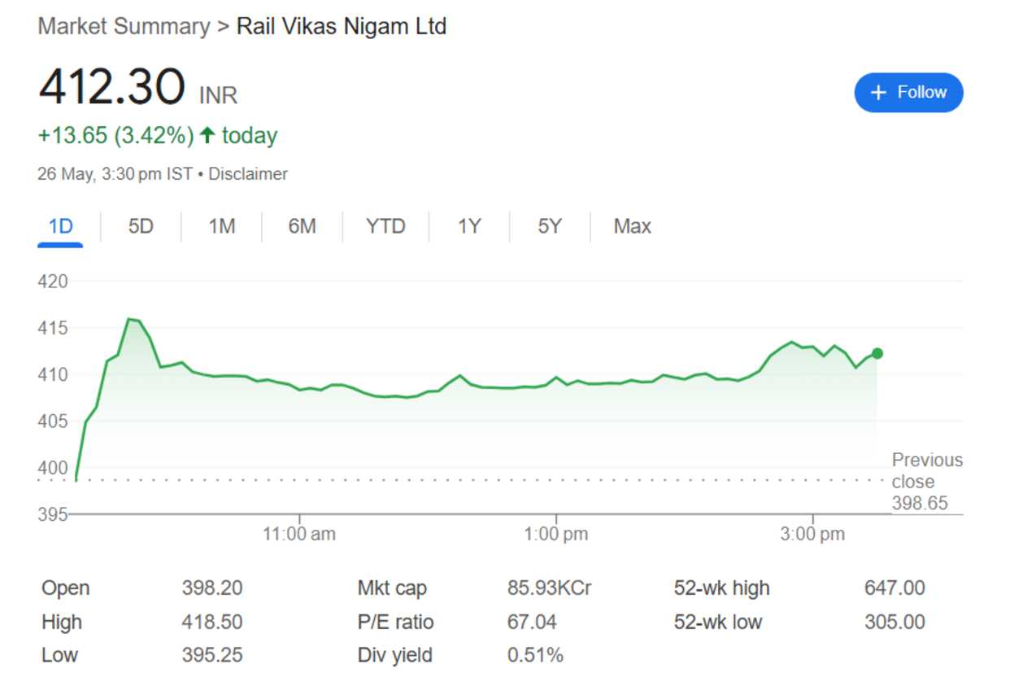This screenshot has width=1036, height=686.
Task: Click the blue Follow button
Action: (908, 93)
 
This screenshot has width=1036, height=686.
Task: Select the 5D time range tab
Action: (141, 226)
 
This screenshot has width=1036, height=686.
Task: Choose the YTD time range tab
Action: (385, 226)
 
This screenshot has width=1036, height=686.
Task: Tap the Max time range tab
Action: (632, 226)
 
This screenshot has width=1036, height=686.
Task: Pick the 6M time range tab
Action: (302, 226)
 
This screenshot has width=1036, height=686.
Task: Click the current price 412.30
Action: (111, 87)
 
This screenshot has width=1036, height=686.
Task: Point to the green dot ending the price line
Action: (877, 353)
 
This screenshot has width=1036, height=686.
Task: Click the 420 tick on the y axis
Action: (53, 282)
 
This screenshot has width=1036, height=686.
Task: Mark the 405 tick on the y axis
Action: (53, 422)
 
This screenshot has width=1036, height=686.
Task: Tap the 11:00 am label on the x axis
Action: (299, 535)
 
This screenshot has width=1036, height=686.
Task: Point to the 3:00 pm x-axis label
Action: (812, 535)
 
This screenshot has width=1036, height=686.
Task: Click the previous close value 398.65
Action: (920, 504)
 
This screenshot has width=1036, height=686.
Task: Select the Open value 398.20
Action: (212, 588)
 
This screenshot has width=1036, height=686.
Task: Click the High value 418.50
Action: (212, 623)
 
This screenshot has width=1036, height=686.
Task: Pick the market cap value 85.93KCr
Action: (549, 588)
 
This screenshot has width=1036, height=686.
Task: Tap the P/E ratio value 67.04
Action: (532, 623)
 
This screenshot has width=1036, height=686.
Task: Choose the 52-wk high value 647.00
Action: (895, 588)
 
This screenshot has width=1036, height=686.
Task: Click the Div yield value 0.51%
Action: (535, 656)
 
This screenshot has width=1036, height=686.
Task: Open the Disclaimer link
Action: (248, 174)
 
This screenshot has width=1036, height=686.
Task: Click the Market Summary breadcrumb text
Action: (124, 27)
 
